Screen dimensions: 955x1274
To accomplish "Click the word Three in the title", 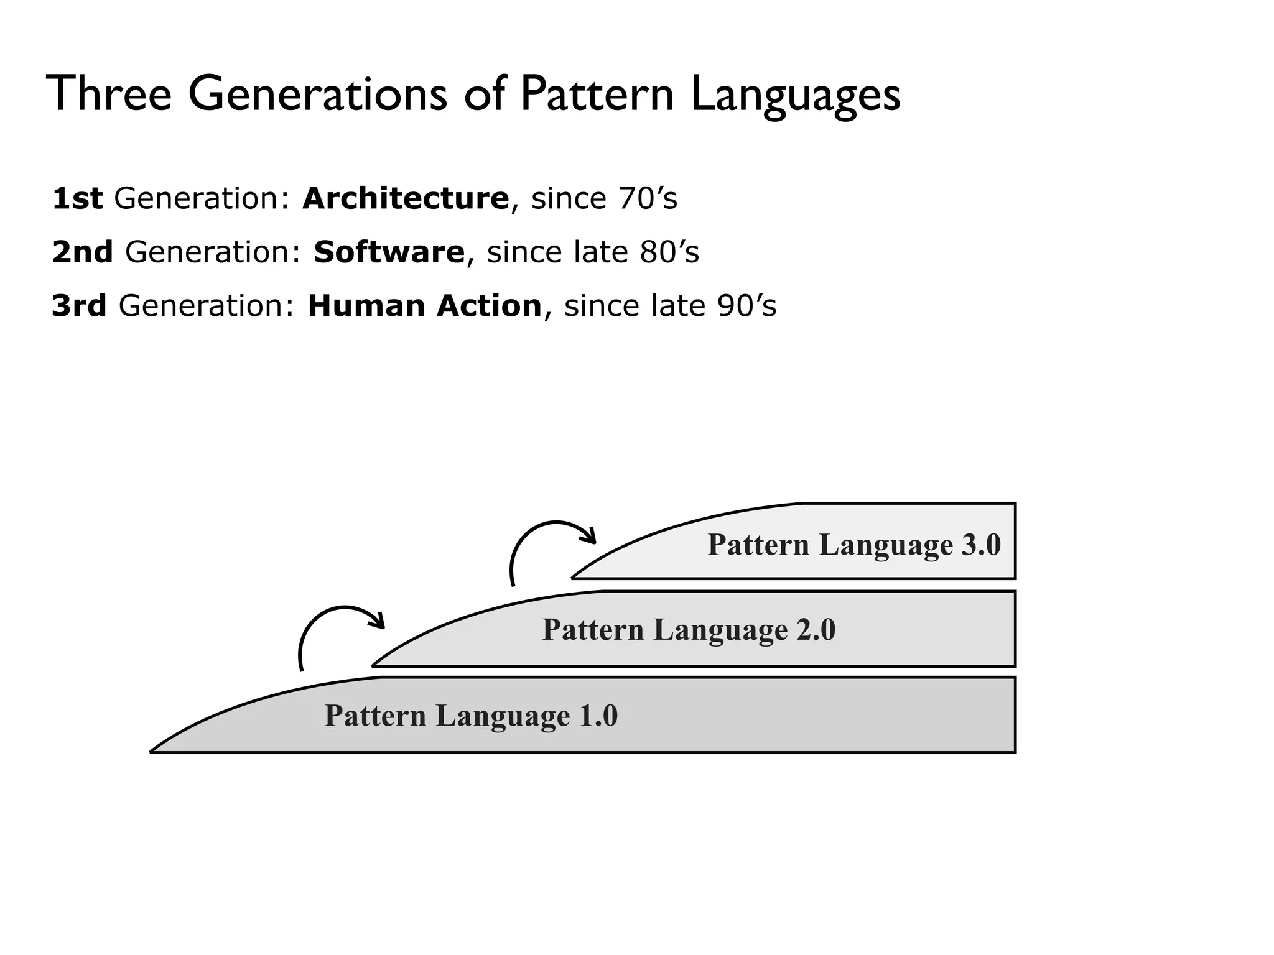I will [x=109, y=94].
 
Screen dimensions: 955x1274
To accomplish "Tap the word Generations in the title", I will [x=317, y=94].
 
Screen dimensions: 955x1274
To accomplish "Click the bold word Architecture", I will [x=406, y=199].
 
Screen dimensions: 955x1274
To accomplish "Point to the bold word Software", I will [x=389, y=252].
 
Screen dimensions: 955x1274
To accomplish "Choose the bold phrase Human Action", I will [x=425, y=306].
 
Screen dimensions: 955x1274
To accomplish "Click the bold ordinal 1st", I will [x=77, y=199].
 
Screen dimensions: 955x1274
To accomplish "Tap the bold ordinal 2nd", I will [x=83, y=252].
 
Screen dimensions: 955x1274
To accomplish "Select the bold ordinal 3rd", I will [x=79, y=306].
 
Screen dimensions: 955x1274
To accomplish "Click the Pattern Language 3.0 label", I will [x=853, y=545].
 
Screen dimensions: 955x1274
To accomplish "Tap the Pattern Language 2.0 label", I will [x=689, y=630].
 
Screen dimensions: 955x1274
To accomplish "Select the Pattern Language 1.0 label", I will [x=471, y=716].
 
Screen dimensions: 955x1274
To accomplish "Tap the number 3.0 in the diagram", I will [x=981, y=545].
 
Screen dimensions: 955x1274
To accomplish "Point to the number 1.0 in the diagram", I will [x=598, y=716].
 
